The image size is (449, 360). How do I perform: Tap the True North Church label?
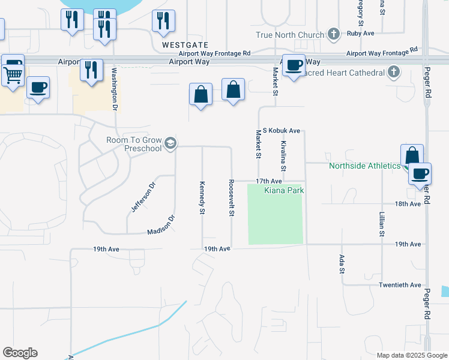[x=290, y=35]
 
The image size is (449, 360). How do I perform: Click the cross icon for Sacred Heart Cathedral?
[x=394, y=73]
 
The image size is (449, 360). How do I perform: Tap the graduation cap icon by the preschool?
[x=170, y=143]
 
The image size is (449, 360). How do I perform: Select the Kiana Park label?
[x=285, y=190]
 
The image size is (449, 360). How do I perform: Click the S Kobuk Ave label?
[x=282, y=130]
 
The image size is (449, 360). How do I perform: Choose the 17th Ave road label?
[x=269, y=181]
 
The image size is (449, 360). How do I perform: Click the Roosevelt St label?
[x=231, y=197]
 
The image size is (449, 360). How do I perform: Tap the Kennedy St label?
[x=202, y=197]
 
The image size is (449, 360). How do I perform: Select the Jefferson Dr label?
[x=143, y=197]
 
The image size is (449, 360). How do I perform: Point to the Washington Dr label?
[x=114, y=88]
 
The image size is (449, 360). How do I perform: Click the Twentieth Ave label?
[x=400, y=285]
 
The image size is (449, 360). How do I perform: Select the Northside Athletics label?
[x=364, y=166]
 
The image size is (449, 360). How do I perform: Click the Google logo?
[x=20, y=353]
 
